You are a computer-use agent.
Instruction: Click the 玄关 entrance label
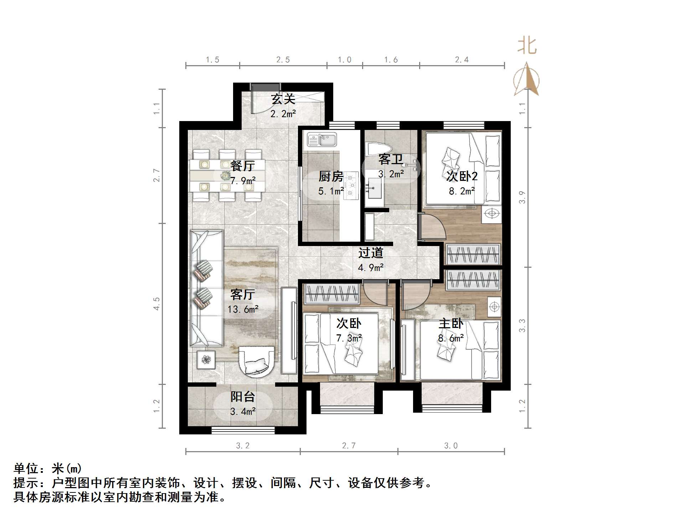(283, 99)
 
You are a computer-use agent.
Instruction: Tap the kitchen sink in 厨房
(322, 140)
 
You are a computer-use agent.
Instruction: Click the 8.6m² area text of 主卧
(451, 338)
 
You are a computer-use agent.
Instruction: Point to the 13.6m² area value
(243, 309)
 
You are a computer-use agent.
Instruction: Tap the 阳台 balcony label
(243, 397)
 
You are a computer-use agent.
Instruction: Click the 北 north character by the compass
(527, 46)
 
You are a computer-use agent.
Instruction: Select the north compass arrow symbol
(526, 80)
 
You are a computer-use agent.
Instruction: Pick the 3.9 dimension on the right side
(522, 197)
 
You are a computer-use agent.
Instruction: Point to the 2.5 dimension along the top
(283, 60)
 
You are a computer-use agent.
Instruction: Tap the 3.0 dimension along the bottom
(451, 446)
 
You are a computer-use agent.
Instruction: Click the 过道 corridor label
(371, 253)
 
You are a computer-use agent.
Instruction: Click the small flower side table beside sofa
(206, 360)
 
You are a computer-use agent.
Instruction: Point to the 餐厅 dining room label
(242, 166)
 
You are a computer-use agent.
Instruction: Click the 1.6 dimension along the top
(391, 60)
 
